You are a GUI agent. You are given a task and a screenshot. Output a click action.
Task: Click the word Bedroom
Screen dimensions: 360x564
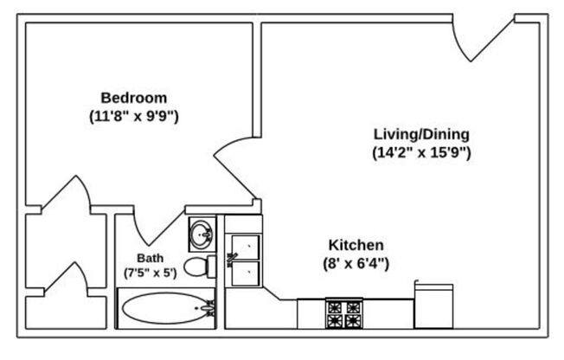(134, 97)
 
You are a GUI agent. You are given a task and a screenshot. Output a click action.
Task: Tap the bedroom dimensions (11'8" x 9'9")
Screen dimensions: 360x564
(134, 114)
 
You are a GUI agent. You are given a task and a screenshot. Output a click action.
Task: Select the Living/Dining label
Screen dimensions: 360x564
(421, 134)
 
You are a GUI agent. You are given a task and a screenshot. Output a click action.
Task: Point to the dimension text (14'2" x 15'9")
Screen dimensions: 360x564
(421, 152)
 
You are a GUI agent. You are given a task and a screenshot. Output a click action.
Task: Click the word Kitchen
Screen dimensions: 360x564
(356, 245)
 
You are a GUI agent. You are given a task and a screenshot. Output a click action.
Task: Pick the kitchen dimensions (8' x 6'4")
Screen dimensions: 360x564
(356, 262)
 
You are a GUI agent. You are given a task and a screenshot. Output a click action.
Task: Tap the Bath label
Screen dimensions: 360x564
(150, 257)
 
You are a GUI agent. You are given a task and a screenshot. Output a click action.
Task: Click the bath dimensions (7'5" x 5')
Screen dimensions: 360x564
(150, 272)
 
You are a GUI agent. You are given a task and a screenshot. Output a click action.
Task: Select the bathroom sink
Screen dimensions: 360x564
(204, 232)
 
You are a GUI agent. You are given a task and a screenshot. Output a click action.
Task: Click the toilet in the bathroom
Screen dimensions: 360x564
(201, 266)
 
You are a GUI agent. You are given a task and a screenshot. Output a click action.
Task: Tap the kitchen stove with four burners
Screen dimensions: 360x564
(343, 313)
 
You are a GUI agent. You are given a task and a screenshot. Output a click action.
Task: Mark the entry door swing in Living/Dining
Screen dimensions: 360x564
(484, 39)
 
